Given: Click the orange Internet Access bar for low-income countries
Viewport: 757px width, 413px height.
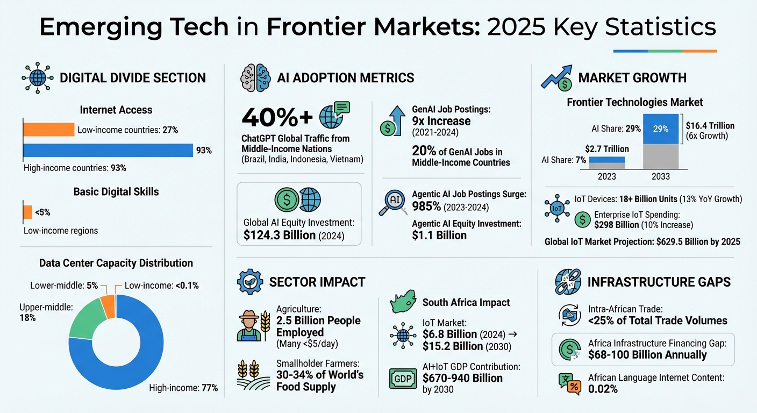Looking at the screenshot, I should tap(48, 130).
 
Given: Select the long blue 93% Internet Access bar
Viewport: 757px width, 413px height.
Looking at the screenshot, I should tap(108, 151).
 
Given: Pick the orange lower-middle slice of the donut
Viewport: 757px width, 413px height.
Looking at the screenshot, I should tap(108, 306).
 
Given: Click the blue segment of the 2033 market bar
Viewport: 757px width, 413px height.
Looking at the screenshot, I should tap(660, 129).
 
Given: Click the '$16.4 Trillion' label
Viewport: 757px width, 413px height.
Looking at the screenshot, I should tap(710, 126).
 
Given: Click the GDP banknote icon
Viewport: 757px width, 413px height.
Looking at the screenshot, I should tap(403, 379).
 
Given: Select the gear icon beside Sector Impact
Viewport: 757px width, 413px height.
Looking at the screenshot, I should tap(250, 282).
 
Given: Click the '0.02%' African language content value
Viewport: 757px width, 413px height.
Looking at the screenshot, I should tap(603, 388).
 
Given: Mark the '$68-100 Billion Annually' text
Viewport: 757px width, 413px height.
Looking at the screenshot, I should tap(647, 355).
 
